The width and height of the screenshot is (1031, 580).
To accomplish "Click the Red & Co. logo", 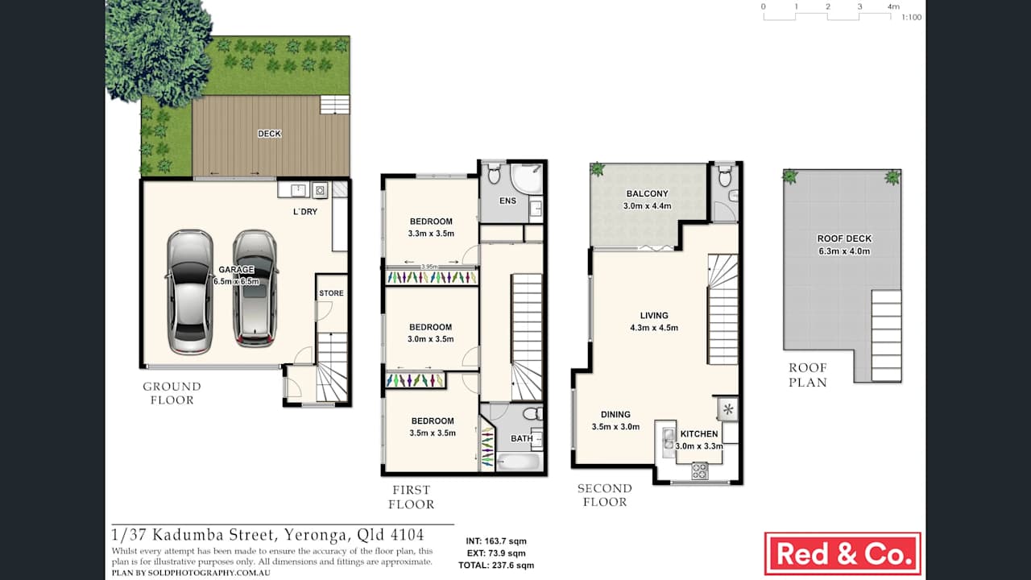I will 842,553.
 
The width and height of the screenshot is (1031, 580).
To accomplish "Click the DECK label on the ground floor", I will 269,134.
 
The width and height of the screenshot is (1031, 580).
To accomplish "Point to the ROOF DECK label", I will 844,239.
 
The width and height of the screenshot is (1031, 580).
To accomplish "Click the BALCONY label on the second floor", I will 647,194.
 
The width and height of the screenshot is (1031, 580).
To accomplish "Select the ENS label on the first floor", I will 507,201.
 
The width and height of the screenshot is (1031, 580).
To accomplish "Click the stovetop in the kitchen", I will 699,470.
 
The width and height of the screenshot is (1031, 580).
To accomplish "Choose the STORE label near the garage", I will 331,293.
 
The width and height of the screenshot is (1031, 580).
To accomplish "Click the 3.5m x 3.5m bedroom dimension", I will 432,433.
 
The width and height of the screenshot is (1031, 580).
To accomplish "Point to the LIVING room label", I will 654,316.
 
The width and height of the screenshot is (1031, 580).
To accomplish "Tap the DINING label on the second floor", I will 615,415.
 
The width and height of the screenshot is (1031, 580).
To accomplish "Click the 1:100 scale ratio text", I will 911,17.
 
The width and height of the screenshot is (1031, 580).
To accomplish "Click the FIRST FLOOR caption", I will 411,497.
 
